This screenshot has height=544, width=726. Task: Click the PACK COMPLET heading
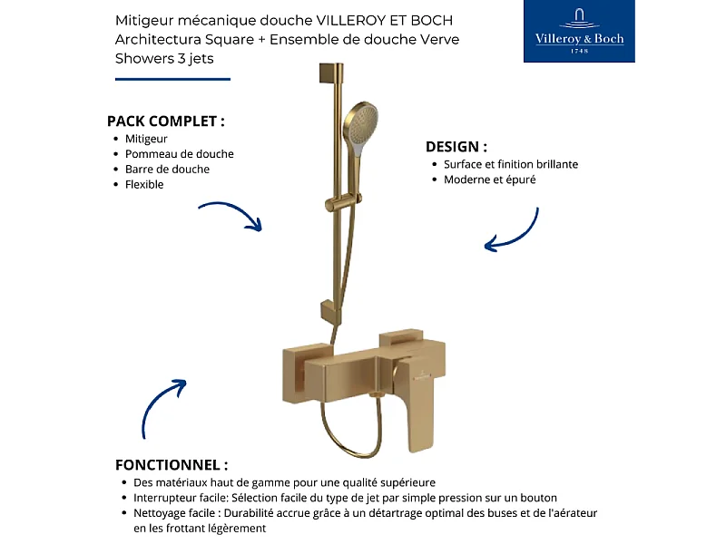[x=166, y=121]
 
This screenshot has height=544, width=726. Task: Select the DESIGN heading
[x=456, y=146]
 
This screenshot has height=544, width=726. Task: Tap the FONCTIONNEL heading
[x=172, y=464]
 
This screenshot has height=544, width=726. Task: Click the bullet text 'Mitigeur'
[x=146, y=139]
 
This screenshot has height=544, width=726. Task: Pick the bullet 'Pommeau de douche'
[x=180, y=154]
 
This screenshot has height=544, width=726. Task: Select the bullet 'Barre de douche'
[x=167, y=169]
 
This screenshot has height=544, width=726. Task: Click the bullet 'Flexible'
[x=144, y=184]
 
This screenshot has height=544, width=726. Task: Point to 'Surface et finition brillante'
[x=511, y=164]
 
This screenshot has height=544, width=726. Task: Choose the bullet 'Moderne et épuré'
[x=490, y=180]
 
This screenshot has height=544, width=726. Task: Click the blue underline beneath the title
[x=172, y=79]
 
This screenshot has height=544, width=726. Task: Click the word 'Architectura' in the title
[x=152, y=40]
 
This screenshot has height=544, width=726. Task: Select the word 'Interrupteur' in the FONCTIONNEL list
[x=167, y=498]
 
